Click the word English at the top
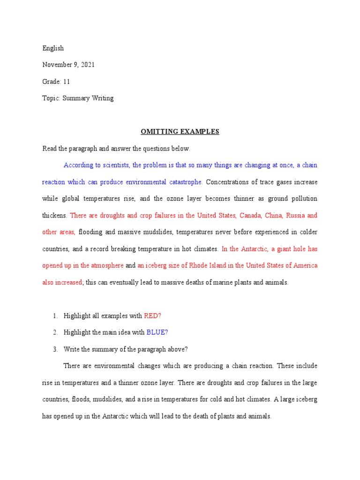(x=53, y=48)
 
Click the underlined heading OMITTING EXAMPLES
(x=180, y=132)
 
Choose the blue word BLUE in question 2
(x=157, y=332)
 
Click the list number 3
(x=55, y=349)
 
